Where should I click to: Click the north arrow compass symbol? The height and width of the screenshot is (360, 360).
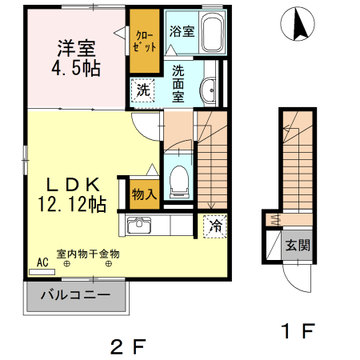(298, 24)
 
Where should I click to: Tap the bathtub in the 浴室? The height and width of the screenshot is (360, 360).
(212, 32)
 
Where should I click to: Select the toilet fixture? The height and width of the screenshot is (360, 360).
(179, 182)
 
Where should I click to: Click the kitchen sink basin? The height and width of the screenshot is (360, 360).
(139, 225)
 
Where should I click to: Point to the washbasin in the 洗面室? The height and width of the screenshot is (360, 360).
(208, 90)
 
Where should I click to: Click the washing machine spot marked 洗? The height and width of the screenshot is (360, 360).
(142, 90)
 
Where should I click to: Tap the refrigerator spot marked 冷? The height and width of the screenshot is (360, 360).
(215, 226)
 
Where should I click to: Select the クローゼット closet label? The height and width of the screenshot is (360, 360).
(144, 42)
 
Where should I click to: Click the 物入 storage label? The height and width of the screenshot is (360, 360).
(144, 194)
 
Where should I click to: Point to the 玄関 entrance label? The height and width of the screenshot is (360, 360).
(298, 245)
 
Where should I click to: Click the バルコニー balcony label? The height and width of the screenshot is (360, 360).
(75, 295)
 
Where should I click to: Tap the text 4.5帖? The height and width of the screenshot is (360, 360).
(76, 69)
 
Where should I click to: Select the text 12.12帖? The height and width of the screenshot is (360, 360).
(72, 204)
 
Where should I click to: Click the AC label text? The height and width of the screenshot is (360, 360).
(42, 262)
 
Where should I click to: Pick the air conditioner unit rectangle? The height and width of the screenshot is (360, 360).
(42, 272)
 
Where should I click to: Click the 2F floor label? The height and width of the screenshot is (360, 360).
(128, 346)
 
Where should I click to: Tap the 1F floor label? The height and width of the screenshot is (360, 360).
(298, 330)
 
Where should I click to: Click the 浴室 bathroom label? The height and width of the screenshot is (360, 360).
(182, 31)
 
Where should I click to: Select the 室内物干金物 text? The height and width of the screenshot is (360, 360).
(88, 254)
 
